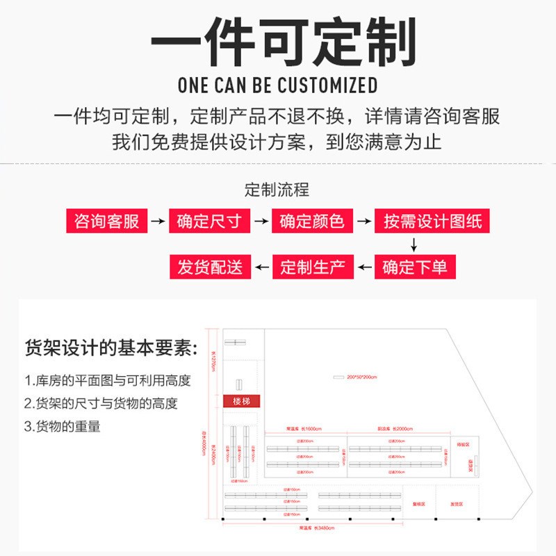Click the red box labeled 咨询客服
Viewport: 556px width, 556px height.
(107, 222)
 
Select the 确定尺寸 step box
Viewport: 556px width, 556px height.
(210, 222)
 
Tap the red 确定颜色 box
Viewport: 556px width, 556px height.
(312, 222)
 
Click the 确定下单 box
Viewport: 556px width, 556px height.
(415, 267)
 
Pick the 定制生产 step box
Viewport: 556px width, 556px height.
(312, 267)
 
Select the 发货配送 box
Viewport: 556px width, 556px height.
(210, 267)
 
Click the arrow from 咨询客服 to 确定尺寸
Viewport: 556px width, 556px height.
(158, 222)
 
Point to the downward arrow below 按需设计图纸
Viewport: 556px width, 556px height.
(414, 245)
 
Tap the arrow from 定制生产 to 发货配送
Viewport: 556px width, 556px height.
(261, 267)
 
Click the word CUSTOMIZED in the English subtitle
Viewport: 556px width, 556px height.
(327, 86)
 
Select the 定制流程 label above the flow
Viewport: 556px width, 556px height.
(277, 189)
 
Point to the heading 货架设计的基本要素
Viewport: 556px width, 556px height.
(111, 347)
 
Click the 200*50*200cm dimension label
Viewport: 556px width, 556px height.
(361, 377)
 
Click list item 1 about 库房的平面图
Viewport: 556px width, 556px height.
(107, 381)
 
